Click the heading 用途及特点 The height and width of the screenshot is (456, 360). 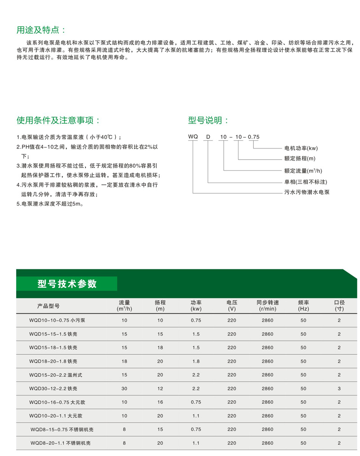pyautogui.click(x=40, y=30)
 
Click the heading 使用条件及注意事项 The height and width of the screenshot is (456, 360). pyautogui.click(x=58, y=121)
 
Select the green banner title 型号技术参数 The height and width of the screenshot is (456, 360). pyautogui.click(x=67, y=284)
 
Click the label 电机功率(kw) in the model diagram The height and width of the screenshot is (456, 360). pyautogui.click(x=301, y=148)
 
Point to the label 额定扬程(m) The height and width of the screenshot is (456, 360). pyautogui.click(x=300, y=159)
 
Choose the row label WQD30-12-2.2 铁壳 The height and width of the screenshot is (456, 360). pyautogui.click(x=53, y=388)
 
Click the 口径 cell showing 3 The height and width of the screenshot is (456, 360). pyautogui.click(x=339, y=388)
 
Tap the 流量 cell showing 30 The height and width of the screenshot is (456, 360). pyautogui.click(x=124, y=388)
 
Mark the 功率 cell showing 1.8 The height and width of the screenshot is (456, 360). pyautogui.click(x=196, y=361)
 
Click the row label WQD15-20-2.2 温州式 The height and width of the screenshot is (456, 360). pyautogui.click(x=56, y=375)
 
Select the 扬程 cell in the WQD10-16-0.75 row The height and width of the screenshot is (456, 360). pyautogui.click(x=160, y=402)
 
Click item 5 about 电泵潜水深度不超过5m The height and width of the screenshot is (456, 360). pyautogui.click(x=50, y=204)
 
